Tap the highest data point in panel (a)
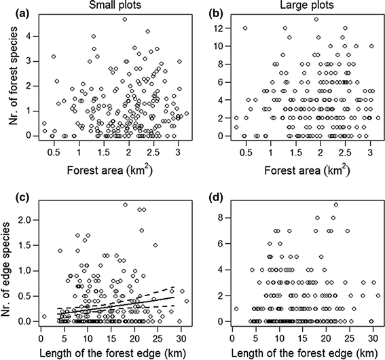pos(125,20)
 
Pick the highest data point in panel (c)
pos(126,204)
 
